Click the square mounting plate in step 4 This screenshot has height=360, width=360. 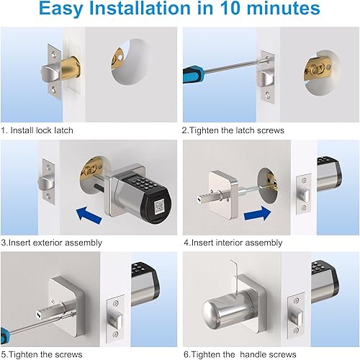click(x=224, y=192)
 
